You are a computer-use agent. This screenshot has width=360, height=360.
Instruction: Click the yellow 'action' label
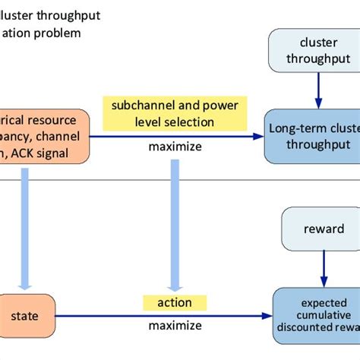click(x=174, y=303)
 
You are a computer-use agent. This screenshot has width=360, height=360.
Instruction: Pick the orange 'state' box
click(x=26, y=314)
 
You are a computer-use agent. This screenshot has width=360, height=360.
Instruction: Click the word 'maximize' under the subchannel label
click(x=175, y=147)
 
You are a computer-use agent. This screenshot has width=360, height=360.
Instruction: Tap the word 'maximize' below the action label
click(x=175, y=325)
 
